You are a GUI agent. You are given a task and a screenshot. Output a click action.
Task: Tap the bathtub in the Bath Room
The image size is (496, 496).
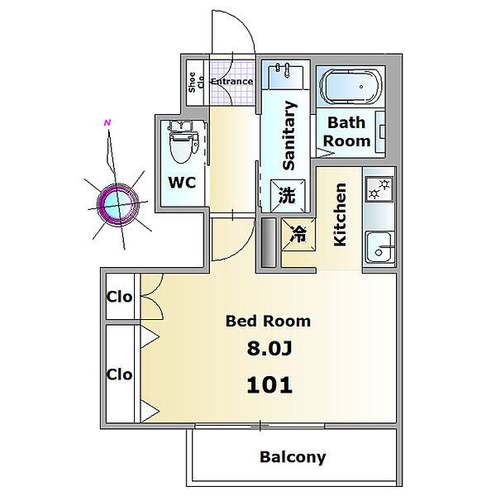coord(351,86)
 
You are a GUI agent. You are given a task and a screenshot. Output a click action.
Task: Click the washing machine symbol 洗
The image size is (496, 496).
coord(287,195)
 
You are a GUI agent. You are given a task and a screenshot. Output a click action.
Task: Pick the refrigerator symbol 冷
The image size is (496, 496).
coord(298,235)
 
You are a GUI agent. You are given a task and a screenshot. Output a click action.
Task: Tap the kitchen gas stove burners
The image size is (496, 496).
coord(379,188)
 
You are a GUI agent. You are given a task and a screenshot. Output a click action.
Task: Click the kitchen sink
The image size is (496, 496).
coord(379,248)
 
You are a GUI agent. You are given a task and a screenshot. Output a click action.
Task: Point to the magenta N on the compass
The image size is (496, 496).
coord(107,122)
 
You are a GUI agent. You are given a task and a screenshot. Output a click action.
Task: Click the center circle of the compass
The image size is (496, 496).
coord(118,204)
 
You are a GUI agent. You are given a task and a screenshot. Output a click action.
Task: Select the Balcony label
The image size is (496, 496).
coord(293,457)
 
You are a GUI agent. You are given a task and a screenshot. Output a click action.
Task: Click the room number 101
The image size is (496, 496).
coord(269,385)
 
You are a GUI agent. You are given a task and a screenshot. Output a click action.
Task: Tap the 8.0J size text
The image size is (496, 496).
coord(269,348)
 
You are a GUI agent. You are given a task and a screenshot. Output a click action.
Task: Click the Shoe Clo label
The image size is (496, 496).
coord(196,82)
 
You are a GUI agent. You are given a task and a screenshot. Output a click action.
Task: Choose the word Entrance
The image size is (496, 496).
coord(231,81)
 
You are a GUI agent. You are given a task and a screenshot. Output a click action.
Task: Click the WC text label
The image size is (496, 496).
coord(182,183)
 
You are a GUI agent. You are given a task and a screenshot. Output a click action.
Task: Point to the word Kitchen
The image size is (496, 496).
coord(340,214)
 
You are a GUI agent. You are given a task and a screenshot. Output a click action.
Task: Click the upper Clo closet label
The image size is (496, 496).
coord(119,297)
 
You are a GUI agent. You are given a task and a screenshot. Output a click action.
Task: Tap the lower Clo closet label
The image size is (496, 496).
coord(119,374)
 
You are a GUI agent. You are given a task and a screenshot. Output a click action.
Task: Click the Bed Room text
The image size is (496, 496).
coord(268,321)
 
